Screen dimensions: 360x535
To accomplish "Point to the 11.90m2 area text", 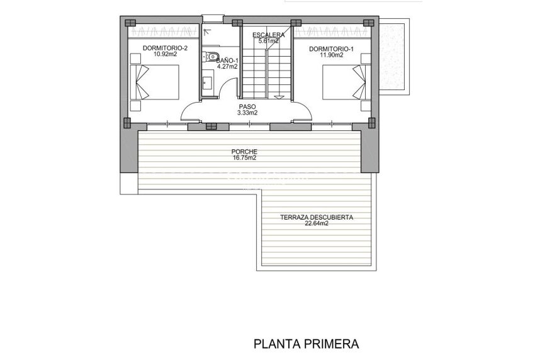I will [x=331, y=55].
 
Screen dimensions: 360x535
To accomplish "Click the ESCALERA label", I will [x=267, y=35].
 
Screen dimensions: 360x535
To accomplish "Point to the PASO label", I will [x=247, y=106].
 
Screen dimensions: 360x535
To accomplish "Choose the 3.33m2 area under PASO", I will [x=247, y=113].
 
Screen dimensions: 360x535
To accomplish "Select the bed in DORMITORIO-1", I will [x=344, y=82].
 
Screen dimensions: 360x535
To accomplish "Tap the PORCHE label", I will [x=245, y=152].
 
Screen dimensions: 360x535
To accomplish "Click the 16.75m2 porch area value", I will [x=245, y=159].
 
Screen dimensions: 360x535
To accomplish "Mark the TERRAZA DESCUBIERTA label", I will [x=316, y=218].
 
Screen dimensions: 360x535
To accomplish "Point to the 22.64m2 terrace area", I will [x=316, y=224].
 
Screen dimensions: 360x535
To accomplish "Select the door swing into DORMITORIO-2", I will [x=193, y=112].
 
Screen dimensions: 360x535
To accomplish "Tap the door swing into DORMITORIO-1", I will [x=301, y=112].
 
